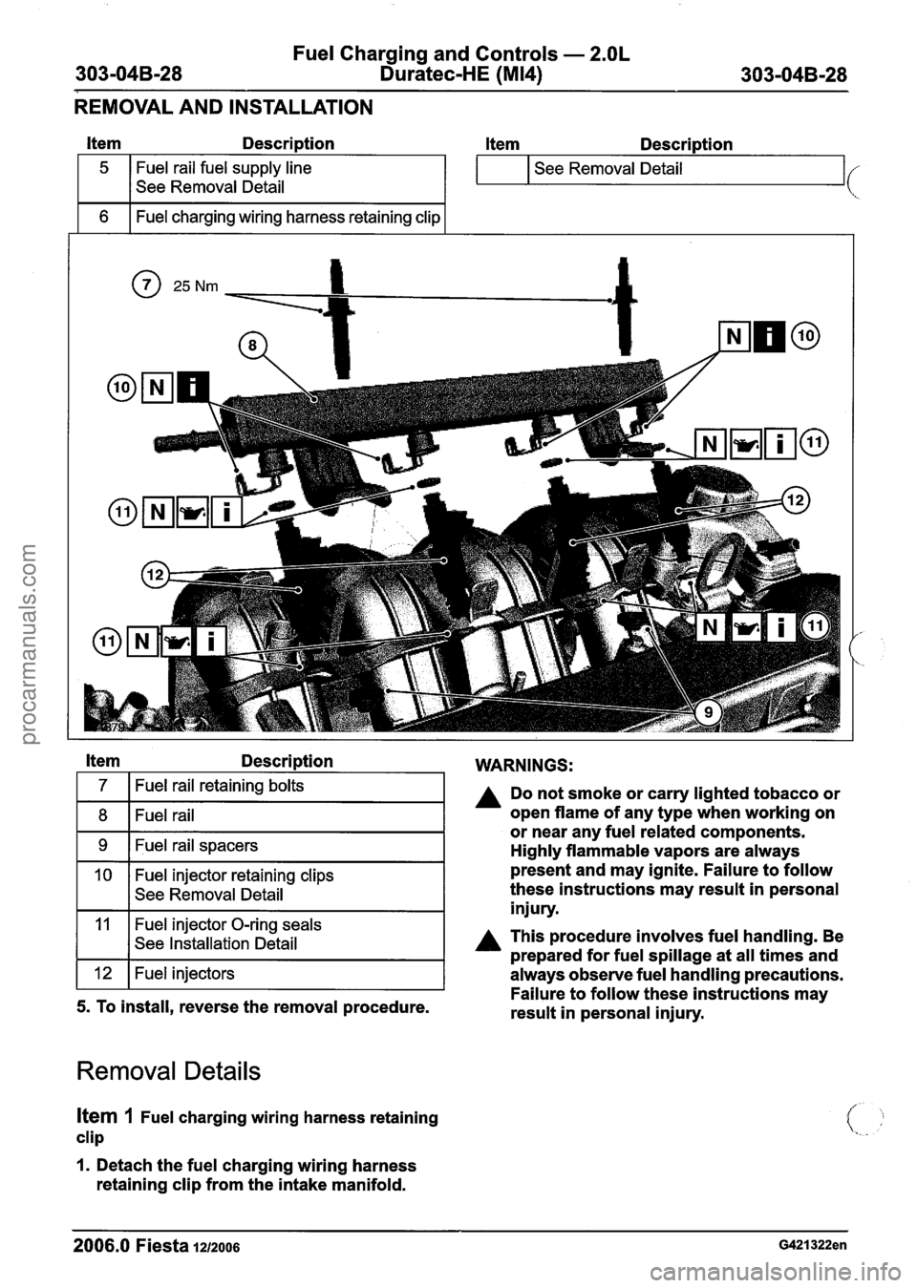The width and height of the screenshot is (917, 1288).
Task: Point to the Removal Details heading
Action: (168, 1070)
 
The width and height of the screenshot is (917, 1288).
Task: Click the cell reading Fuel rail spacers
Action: (287, 846)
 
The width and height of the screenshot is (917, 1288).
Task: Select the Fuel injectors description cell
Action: (287, 974)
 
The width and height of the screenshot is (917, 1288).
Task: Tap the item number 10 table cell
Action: (103, 875)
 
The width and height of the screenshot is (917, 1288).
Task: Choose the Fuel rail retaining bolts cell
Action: (287, 787)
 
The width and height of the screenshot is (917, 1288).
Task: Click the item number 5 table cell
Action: (103, 168)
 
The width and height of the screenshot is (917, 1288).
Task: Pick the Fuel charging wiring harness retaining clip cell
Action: (287, 217)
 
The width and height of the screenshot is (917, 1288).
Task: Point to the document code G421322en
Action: (801, 1245)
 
